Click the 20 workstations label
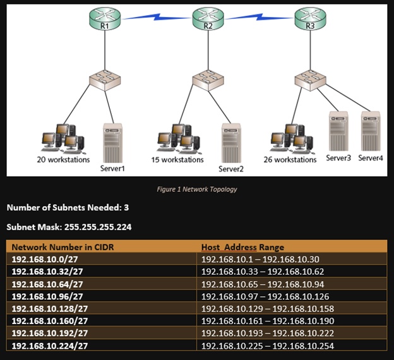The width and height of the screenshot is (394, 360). pos(63,160)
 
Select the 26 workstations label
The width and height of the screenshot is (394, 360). pos(290,160)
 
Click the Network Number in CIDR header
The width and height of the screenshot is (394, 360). pos(56,247)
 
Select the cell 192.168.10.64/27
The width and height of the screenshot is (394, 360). pos(47,284)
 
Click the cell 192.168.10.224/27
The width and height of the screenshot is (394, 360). pos(49,345)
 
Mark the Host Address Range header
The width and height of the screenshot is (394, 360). pos(242,247)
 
